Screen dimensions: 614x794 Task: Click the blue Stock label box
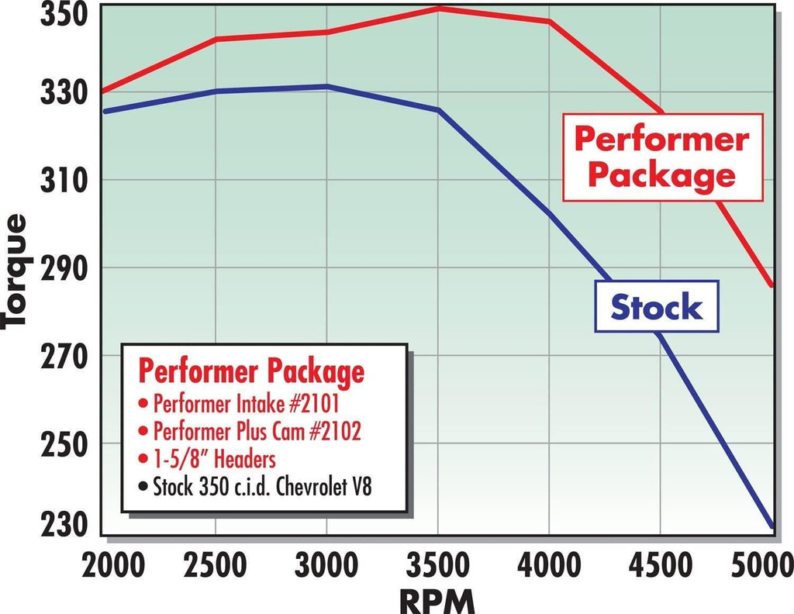pyautogui.click(x=657, y=307)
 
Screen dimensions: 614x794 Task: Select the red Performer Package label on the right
pyautogui.click(x=661, y=157)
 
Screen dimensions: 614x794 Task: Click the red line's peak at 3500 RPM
pyautogui.click(x=439, y=9)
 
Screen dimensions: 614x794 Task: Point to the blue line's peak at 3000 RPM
pyautogui.click(x=327, y=86)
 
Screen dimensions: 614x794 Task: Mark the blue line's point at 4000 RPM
pyautogui.click(x=550, y=212)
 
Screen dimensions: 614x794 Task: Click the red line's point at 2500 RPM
pyautogui.click(x=216, y=39)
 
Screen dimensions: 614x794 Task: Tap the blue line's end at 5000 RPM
pyautogui.click(x=772, y=526)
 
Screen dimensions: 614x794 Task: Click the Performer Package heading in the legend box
pyautogui.click(x=250, y=372)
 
